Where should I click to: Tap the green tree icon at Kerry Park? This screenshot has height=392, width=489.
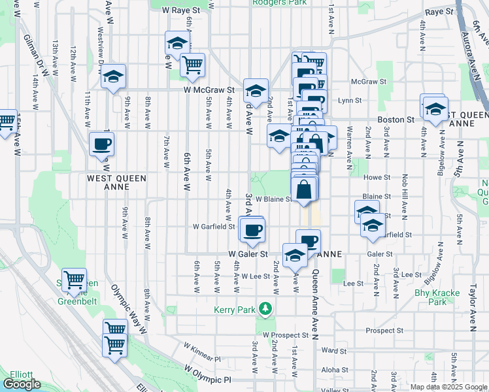tap(265, 308)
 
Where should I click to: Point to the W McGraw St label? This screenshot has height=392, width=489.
tap(209, 90)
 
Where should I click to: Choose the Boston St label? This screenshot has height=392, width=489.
tap(400, 120)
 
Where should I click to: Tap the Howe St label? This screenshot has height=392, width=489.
tap(377, 176)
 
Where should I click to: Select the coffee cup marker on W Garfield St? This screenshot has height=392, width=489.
tap(252, 229)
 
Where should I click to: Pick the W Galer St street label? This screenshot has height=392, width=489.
tap(248, 253)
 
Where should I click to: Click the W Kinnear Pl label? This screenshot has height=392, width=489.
tap(202, 352)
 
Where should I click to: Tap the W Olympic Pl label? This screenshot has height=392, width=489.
tap(208, 374)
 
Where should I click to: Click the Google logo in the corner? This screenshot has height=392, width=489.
tap(22, 384)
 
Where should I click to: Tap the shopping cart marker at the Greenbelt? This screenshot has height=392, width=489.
tap(74, 280)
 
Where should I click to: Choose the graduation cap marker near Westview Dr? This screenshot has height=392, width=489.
tap(113, 76)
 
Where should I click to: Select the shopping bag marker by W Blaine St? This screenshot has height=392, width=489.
tap(305, 190)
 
